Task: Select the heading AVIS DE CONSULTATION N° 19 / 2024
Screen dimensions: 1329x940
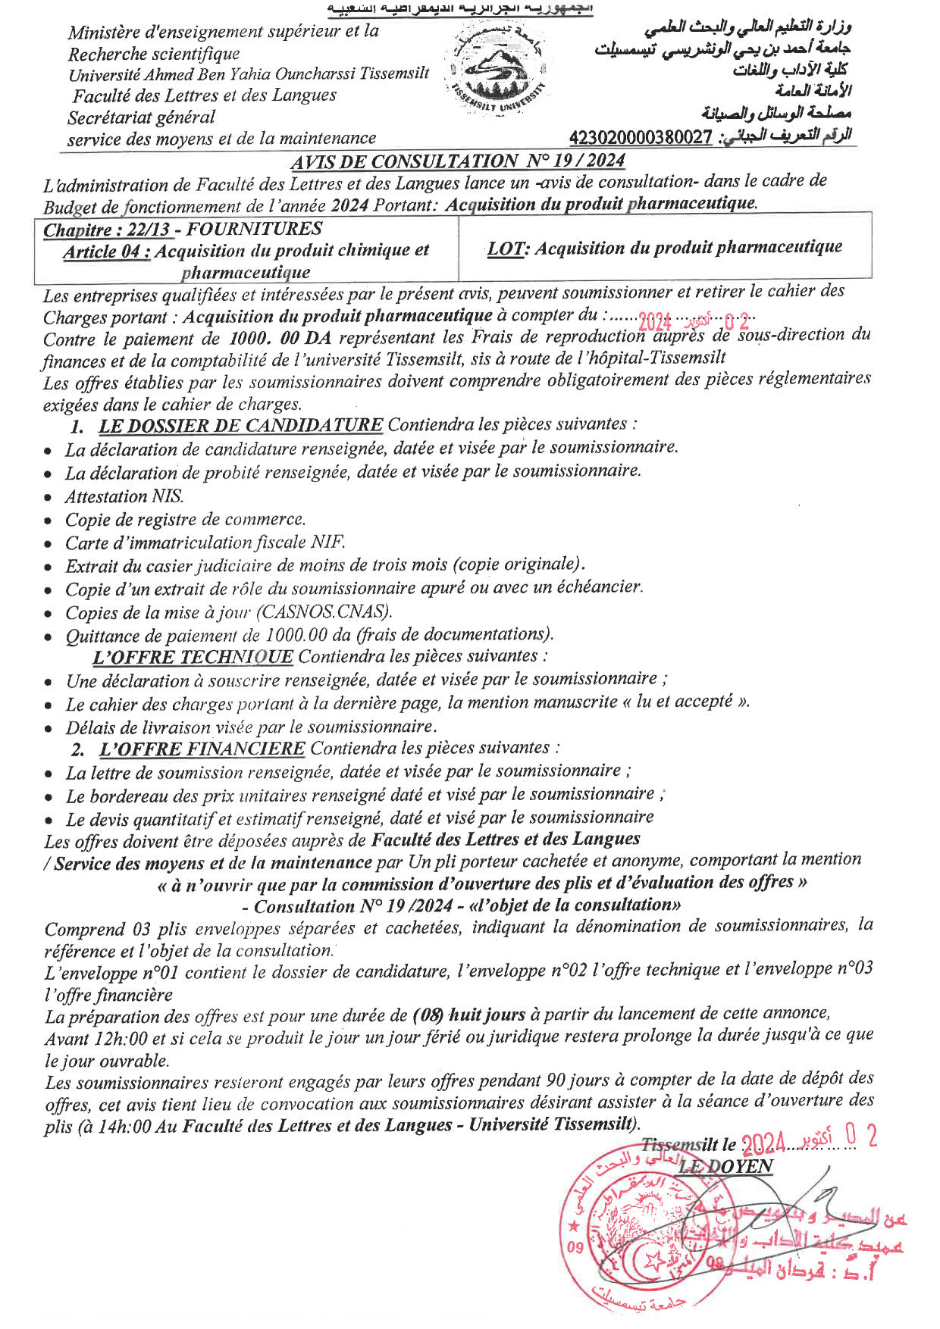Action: click(x=458, y=161)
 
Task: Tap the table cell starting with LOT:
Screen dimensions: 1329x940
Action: click(x=664, y=248)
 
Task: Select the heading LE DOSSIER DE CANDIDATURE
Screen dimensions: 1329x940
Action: click(x=240, y=424)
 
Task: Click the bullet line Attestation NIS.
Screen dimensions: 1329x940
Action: click(x=124, y=497)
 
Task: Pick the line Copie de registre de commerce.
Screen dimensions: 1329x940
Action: click(x=185, y=520)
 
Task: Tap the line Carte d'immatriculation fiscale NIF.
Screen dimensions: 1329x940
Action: click(x=205, y=543)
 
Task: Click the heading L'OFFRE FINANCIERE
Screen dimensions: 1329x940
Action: click(x=202, y=749)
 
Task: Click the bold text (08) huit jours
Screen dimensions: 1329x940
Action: click(x=469, y=1015)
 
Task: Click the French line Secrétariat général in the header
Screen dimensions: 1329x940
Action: click(x=141, y=117)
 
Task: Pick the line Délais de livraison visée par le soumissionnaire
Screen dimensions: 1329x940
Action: click(x=250, y=727)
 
